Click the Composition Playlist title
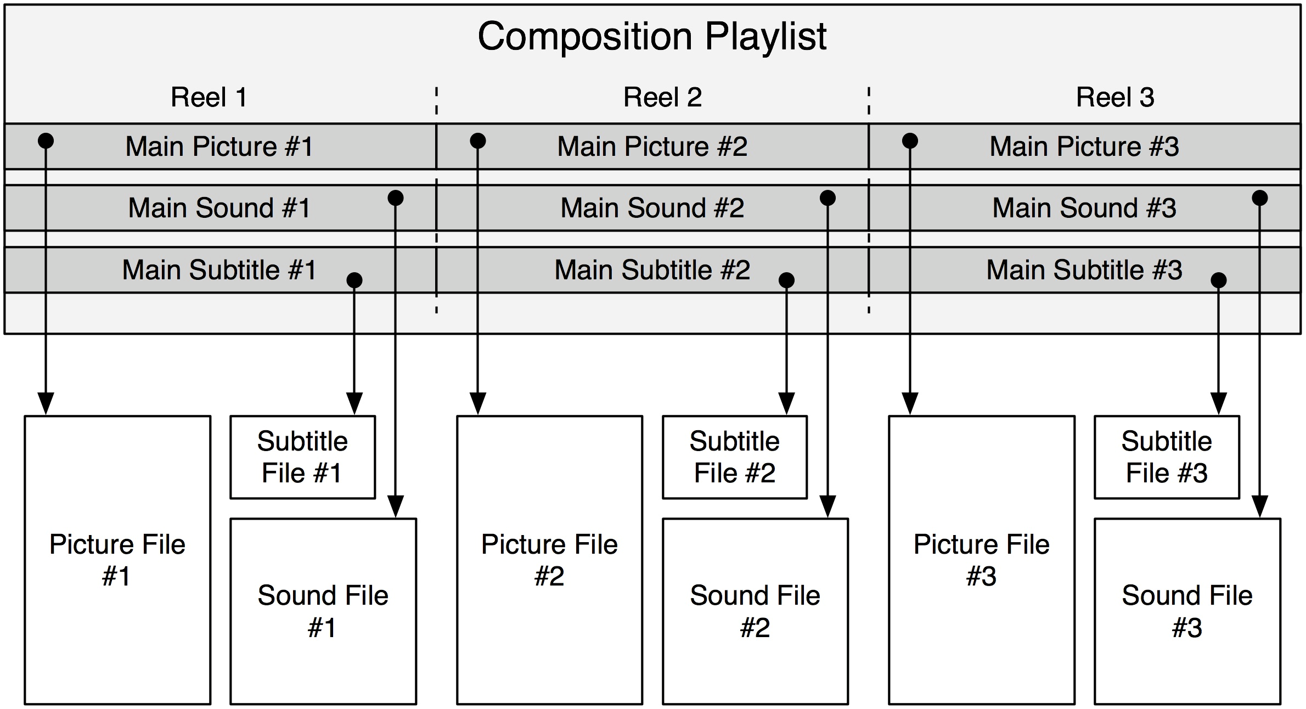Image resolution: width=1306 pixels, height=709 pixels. pos(652,37)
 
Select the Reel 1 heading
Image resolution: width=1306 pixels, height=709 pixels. pos(209,98)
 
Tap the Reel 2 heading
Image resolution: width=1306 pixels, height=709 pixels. pos(662,98)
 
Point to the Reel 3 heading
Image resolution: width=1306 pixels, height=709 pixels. pos(1114,98)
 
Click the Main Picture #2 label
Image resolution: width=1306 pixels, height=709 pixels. pos(652,147)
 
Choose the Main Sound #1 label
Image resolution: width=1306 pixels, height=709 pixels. pos(219,208)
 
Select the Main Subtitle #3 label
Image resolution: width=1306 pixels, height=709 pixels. pos(1084,270)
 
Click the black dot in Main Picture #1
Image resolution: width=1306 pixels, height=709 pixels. pos(46,141)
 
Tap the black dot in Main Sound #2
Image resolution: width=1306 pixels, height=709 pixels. pos(827,198)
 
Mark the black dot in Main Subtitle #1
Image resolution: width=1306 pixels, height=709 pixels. pos(354,280)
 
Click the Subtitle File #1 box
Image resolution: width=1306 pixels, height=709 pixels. pos(302,457)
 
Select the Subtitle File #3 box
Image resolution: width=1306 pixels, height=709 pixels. pos(1167,457)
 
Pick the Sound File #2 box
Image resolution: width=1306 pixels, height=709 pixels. pos(755,611)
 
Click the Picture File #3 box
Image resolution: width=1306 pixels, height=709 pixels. pos(981,560)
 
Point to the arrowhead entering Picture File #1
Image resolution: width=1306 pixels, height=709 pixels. pos(46,404)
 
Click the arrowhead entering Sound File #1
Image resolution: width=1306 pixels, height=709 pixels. pos(396,507)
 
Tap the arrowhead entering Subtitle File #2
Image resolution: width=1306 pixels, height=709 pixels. pos(786,404)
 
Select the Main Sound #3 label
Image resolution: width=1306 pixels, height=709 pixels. pos(1084,208)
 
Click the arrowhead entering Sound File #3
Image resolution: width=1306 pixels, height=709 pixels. pos(1260,507)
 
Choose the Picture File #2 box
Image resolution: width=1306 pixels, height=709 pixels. pos(549,560)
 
